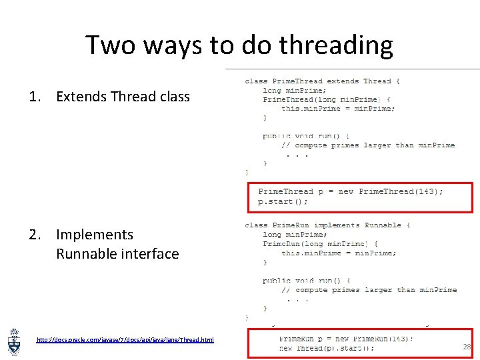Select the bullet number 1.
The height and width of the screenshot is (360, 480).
[34, 97]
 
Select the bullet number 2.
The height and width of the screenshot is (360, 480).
[34, 235]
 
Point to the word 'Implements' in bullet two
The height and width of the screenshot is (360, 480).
[94, 235]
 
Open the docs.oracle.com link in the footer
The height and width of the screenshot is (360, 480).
[125, 340]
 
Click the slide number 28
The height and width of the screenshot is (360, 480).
[467, 347]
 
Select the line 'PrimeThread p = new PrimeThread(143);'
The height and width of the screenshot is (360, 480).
[350, 191]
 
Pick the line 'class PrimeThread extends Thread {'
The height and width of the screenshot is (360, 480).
[323, 81]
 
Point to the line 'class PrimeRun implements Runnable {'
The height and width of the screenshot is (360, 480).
[327, 225]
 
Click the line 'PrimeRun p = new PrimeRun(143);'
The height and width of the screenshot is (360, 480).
[346, 338]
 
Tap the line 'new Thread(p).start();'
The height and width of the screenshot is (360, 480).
[327, 348]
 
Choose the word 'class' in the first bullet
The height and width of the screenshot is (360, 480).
[175, 97]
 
